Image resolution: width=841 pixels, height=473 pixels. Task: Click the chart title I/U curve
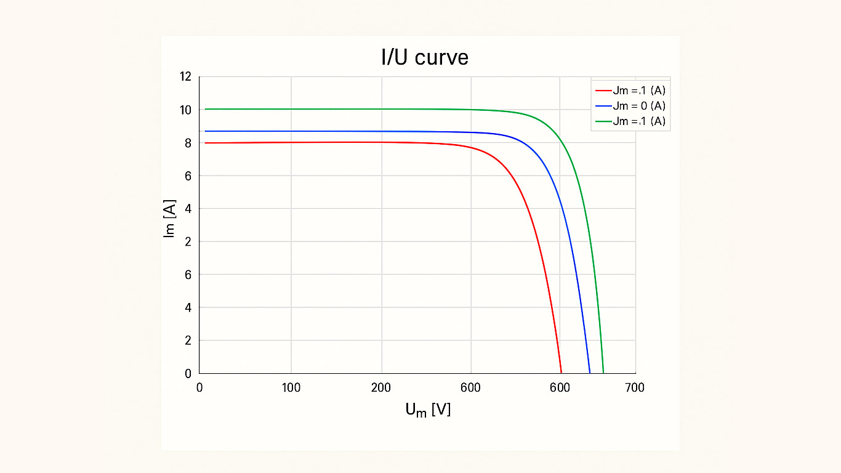click(x=425, y=57)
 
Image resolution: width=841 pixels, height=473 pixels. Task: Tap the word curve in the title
click(x=441, y=58)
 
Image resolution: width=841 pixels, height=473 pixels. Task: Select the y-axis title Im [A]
click(x=169, y=219)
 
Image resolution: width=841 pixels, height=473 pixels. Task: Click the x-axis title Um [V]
click(x=428, y=410)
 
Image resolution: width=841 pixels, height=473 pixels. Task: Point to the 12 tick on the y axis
click(x=186, y=77)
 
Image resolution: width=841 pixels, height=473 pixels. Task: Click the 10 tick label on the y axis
click(x=186, y=110)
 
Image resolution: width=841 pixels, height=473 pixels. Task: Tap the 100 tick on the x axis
click(x=291, y=387)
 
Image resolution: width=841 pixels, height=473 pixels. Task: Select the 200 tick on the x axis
click(x=381, y=387)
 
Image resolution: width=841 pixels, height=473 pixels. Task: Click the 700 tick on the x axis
click(x=634, y=387)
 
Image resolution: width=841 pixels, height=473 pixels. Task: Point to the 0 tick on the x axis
click(x=199, y=387)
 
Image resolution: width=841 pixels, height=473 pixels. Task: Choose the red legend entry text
click(x=639, y=91)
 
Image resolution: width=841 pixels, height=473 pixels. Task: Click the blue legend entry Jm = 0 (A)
click(x=639, y=106)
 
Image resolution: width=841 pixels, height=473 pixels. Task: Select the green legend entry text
click(x=639, y=121)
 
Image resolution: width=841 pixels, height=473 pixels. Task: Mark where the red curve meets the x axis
click(x=561, y=373)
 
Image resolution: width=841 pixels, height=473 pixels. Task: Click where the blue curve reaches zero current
click(x=590, y=373)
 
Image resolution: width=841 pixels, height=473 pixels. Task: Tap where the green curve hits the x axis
click(x=603, y=373)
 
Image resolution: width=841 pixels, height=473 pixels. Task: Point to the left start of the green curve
click(x=205, y=109)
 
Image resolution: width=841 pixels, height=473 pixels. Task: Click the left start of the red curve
click(x=205, y=143)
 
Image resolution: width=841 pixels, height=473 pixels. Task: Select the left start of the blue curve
click(x=205, y=131)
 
